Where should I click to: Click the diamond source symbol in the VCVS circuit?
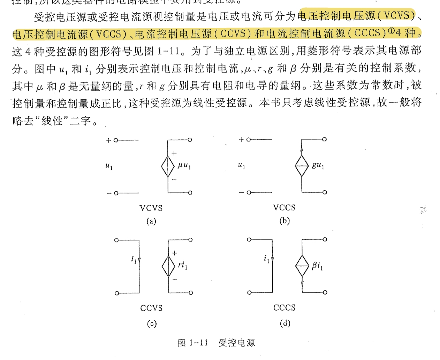click(168, 167)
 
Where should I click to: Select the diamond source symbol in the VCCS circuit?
click(302, 166)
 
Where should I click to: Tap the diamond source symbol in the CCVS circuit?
click(168, 267)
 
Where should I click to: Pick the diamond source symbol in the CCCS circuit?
click(302, 266)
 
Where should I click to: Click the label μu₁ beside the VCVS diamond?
click(184, 166)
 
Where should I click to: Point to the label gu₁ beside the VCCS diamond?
click(318, 165)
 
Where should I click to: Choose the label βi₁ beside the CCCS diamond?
click(317, 266)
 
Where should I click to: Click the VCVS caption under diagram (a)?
click(151, 208)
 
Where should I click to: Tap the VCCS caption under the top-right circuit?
click(284, 208)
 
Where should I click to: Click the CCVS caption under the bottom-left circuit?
click(151, 308)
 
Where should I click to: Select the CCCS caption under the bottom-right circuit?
click(285, 308)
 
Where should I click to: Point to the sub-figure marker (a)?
click(151, 221)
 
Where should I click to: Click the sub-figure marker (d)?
click(285, 323)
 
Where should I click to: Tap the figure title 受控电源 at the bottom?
click(237, 343)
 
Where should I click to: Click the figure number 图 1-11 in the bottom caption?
click(193, 343)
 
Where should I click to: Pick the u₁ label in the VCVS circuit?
click(109, 167)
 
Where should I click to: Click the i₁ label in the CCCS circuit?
click(266, 259)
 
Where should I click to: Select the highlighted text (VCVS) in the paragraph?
click(396, 16)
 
